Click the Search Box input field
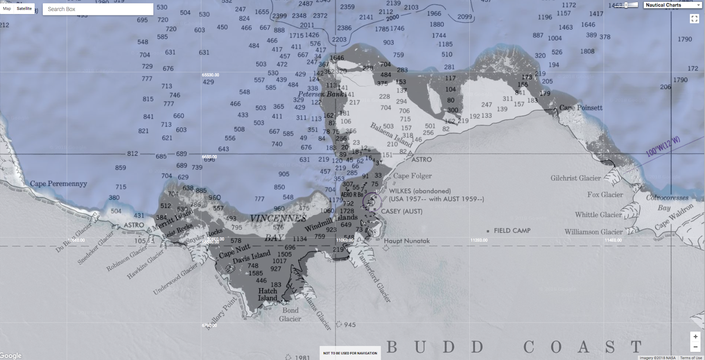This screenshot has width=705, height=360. (x=98, y=9)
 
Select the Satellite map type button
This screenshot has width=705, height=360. (x=24, y=9)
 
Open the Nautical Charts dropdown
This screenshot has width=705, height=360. (x=672, y=5)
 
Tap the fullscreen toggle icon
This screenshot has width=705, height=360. (x=694, y=19)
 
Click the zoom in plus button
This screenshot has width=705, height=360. (x=695, y=337)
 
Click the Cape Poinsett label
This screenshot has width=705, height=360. (x=581, y=108)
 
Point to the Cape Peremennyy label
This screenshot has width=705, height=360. (x=59, y=184)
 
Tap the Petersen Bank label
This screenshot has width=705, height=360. (x=320, y=94)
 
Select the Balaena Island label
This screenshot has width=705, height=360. (x=391, y=135)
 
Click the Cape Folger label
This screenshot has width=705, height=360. (x=412, y=176)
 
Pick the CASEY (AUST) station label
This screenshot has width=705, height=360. (x=401, y=212)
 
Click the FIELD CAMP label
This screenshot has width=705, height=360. (x=512, y=230)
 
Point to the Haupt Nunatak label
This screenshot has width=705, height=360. (x=407, y=241)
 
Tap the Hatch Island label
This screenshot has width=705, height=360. (x=267, y=294)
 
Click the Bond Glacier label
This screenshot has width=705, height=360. (x=290, y=315)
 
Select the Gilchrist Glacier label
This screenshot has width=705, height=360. (x=575, y=178)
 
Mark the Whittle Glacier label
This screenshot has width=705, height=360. (x=598, y=215)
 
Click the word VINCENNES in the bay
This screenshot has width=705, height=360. (x=278, y=219)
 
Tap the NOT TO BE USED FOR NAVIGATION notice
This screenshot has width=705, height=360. (x=350, y=353)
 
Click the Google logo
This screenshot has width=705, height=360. (x=11, y=355)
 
